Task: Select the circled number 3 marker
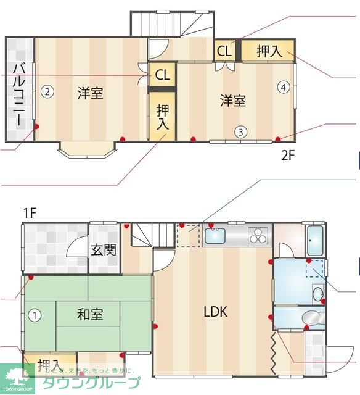242,131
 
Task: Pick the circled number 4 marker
283,87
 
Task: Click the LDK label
216,312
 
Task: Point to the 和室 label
90,315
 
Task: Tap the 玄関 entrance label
103,250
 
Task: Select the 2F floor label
289,156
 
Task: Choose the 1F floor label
30,214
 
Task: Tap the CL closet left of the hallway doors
162,75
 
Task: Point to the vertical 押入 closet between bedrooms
162,117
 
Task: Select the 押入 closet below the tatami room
49,364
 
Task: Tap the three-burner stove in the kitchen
259,235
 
